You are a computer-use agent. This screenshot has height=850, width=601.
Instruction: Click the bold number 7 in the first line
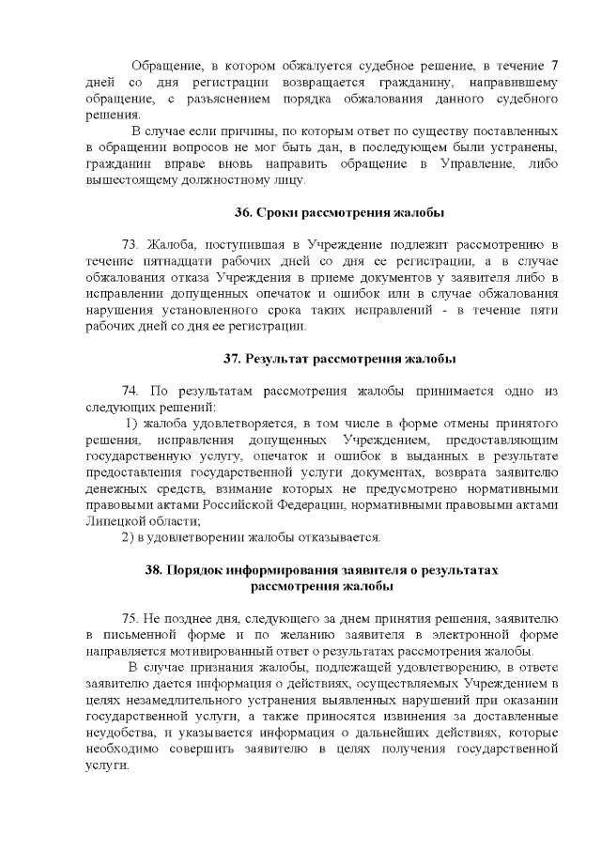coord(556,66)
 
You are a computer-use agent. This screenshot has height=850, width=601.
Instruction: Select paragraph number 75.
coord(131,619)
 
